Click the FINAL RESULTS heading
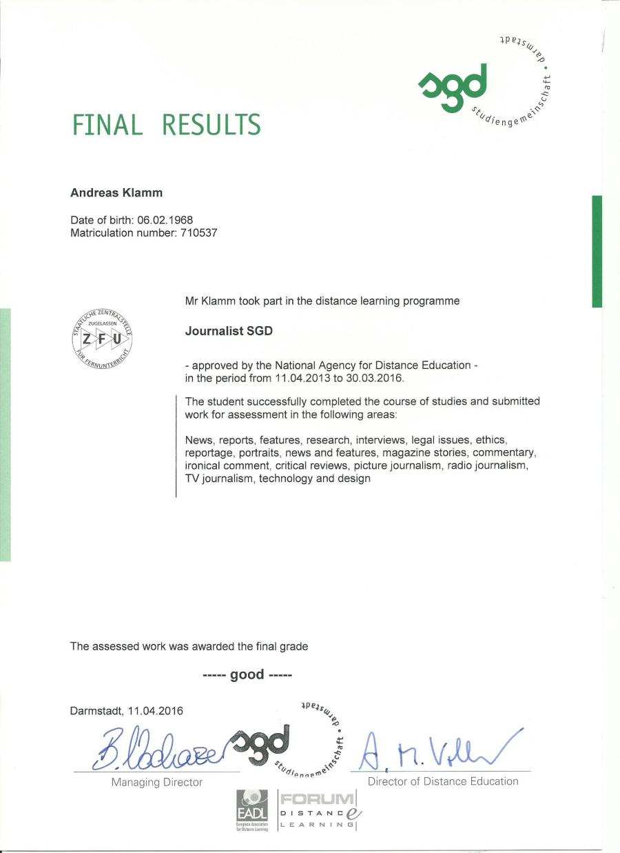click(x=166, y=125)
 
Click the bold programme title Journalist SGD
click(x=229, y=331)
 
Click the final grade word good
click(x=247, y=674)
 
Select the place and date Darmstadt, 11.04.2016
click(x=127, y=711)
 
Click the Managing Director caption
click(x=157, y=782)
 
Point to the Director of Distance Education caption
click(x=443, y=781)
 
